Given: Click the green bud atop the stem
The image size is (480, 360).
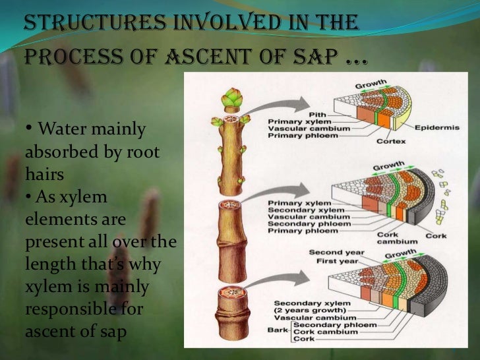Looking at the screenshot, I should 232,100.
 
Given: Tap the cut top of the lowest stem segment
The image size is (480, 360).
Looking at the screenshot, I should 235,291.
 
